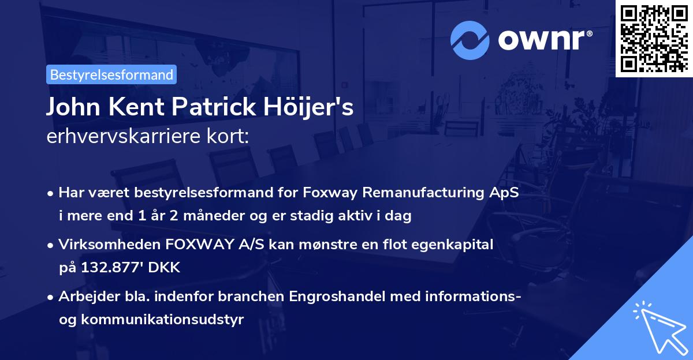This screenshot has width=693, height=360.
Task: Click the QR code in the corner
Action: [653, 39]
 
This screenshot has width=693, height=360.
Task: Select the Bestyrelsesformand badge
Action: [111, 74]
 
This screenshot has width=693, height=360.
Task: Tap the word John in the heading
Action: [68, 107]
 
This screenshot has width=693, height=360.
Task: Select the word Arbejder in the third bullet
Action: [83, 297]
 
